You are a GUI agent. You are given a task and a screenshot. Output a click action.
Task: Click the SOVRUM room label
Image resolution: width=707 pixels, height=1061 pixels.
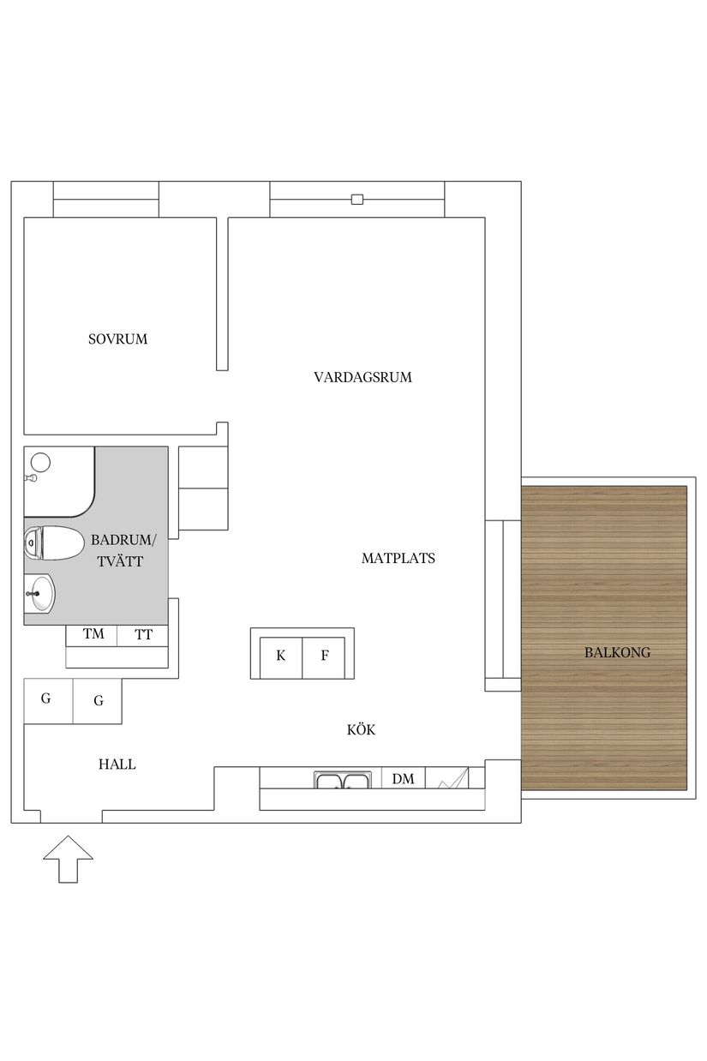(117, 339)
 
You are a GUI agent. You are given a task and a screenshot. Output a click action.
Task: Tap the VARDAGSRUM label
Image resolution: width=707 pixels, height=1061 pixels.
(362, 377)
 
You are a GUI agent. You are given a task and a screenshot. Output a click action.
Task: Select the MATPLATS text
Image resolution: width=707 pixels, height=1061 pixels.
(398, 558)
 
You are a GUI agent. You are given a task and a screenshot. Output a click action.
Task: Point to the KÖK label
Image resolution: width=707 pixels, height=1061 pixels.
(361, 730)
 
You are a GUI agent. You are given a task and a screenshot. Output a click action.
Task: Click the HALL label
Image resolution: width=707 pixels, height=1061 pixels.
(117, 764)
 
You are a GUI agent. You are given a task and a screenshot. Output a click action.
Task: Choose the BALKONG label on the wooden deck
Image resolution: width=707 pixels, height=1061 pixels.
(617, 652)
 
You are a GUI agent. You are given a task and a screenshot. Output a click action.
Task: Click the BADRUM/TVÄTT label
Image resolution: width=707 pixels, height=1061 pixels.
(124, 550)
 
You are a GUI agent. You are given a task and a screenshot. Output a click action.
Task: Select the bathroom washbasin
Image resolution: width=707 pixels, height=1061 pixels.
(39, 593)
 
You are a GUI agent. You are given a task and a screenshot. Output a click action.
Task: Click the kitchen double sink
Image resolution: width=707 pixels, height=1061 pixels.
(342, 780)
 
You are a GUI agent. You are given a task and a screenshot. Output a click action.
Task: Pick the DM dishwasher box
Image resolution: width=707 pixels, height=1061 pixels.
(403, 779)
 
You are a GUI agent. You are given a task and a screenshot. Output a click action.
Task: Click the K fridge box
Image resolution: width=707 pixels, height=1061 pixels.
(280, 656)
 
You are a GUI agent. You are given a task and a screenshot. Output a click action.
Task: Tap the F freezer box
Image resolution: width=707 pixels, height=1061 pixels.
(325, 656)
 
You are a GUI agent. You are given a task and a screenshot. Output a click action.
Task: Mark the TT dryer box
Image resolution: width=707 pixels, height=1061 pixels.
(143, 635)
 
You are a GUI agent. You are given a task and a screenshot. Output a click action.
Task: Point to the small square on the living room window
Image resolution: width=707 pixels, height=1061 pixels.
(357, 201)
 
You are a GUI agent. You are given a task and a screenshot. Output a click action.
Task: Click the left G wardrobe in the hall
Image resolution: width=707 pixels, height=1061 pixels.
(46, 699)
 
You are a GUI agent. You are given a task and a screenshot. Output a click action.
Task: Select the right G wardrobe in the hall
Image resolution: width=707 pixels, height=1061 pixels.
(99, 701)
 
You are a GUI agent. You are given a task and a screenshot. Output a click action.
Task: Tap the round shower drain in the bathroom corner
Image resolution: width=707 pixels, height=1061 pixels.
(40, 463)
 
